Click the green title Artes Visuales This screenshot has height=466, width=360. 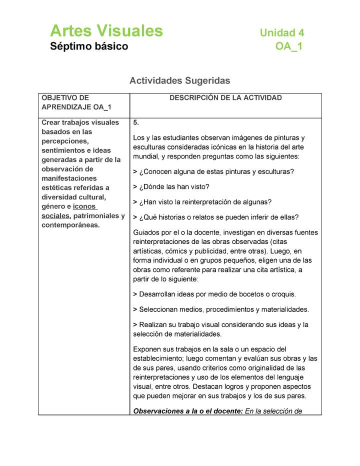click(106, 31)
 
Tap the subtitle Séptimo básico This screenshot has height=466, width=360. click(89, 46)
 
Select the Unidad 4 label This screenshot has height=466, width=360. click(281, 33)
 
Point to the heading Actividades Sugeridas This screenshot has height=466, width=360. click(179, 80)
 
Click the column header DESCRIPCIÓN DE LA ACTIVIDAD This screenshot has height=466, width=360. click(225, 98)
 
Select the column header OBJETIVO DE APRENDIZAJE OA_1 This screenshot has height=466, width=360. click(76, 102)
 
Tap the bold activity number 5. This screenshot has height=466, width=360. click(136, 122)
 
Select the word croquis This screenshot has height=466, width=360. click(282, 294)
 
